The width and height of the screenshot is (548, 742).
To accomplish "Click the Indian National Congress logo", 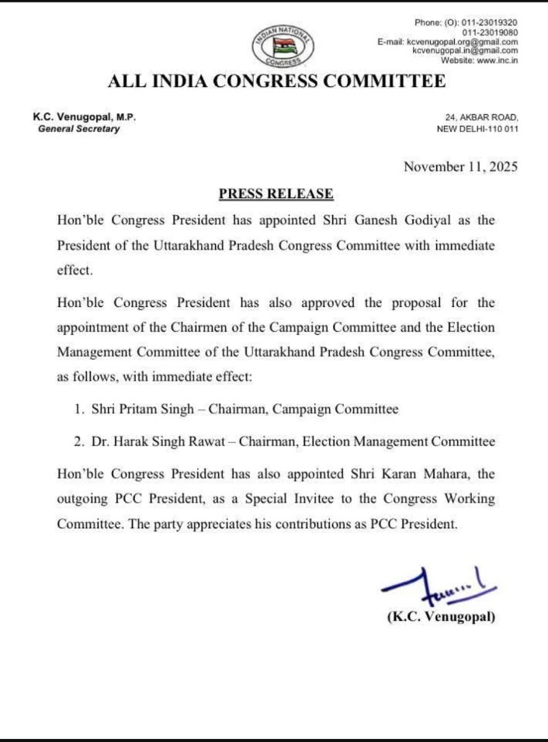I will coord(283,45).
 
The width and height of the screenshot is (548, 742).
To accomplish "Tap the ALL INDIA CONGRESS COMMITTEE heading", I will coord(277,81).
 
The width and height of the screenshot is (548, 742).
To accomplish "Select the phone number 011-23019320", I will coord(490,23).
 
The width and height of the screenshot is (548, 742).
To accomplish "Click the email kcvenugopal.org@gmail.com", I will coord(462,41).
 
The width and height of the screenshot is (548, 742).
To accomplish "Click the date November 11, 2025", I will coord(460,167).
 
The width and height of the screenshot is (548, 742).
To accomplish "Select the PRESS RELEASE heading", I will coord(276,193).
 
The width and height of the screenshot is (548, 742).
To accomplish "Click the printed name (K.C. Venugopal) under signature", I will coord(441,618).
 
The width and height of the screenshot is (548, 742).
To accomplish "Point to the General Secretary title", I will coord(79,129).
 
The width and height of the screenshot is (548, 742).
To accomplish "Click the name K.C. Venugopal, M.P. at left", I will coord(85,117).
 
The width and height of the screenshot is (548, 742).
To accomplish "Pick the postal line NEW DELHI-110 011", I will coord(477,129).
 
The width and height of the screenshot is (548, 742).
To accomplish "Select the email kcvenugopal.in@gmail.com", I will coord(465,51).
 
